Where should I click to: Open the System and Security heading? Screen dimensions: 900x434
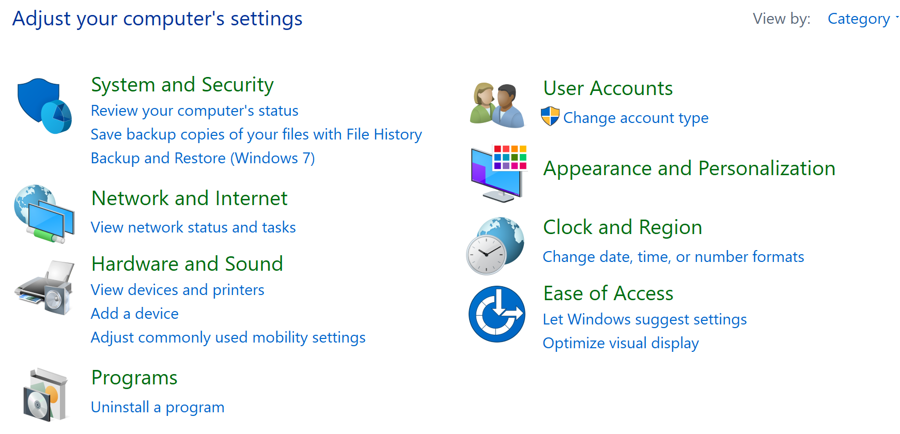click(x=182, y=85)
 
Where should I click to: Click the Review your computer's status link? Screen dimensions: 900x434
click(x=195, y=111)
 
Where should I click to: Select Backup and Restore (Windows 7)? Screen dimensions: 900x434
click(x=203, y=158)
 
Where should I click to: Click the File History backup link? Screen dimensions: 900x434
click(x=256, y=134)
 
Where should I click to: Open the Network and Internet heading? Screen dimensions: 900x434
click(x=189, y=198)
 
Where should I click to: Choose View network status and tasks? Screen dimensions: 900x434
click(x=193, y=227)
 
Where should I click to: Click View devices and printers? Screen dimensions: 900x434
click(x=178, y=290)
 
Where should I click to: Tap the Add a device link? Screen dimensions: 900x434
click(x=135, y=314)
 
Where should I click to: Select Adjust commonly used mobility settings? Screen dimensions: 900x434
click(x=228, y=338)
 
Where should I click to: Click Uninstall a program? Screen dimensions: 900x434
click(x=158, y=408)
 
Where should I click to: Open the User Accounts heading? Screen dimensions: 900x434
click(x=608, y=88)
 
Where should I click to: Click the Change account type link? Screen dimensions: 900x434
click(x=636, y=118)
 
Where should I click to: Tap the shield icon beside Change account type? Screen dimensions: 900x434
click(x=550, y=117)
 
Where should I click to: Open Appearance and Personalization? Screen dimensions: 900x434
click(x=689, y=169)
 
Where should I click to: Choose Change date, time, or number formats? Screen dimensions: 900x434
click(x=674, y=257)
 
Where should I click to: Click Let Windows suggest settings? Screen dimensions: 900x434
click(x=645, y=320)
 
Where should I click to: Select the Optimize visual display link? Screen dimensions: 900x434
click(x=621, y=344)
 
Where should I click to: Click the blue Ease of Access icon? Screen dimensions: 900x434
click(x=497, y=314)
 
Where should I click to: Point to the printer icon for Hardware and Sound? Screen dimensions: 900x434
click(x=44, y=288)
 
